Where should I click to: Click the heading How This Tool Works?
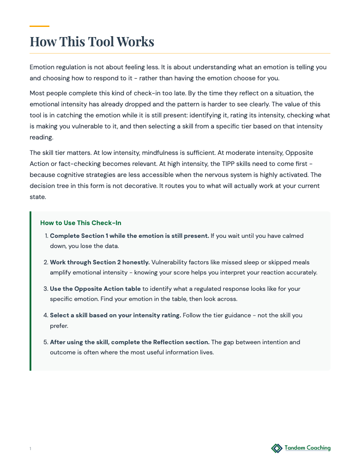click(92, 41)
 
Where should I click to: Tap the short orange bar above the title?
click(39, 26)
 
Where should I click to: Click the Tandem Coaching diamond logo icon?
click(277, 448)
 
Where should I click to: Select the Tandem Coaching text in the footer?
click(307, 448)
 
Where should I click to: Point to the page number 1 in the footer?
click(30, 449)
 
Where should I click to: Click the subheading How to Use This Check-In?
click(81, 223)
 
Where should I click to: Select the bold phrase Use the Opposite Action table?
click(95, 289)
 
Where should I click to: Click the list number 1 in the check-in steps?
click(46, 236)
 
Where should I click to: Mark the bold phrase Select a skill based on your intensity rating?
click(115, 315)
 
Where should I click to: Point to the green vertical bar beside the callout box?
click(30, 291)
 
